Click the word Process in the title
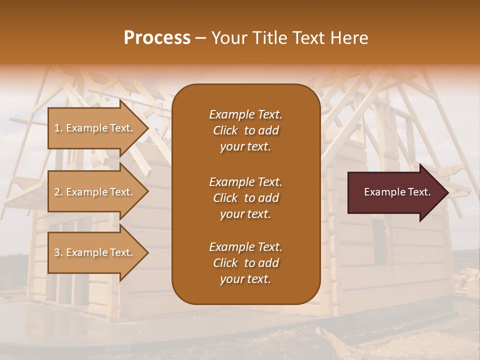tap(157, 38)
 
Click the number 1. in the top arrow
tap(58, 128)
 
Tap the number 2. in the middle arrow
tap(58, 192)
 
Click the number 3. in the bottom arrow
tap(58, 252)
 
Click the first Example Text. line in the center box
tap(245, 114)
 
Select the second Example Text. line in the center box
tap(245, 181)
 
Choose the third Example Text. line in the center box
tap(245, 247)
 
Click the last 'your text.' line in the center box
tap(245, 279)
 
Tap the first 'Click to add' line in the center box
tap(245, 130)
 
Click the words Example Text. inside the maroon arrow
tap(397, 192)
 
